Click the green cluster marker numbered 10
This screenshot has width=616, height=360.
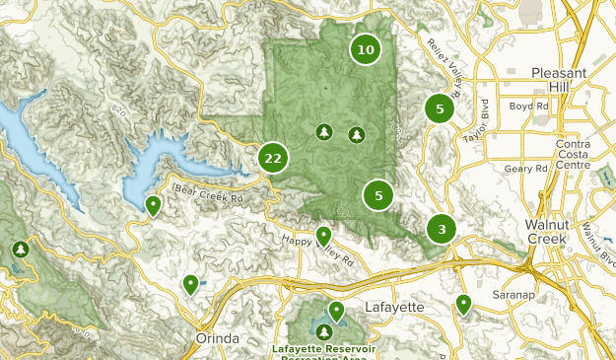(366, 49)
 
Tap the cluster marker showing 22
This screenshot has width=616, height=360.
(273, 158)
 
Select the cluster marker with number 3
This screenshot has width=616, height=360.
(442, 230)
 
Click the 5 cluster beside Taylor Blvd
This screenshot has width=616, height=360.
(440, 109)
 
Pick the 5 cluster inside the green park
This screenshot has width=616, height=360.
(378, 195)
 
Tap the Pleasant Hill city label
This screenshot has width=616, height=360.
(559, 80)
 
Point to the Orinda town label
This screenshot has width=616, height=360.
(212, 338)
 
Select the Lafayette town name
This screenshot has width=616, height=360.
(394, 307)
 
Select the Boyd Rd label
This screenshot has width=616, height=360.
(527, 106)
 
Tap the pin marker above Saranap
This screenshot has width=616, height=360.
(463, 304)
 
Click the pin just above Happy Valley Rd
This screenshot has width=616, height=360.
(323, 236)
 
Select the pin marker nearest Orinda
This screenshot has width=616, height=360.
(190, 285)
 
